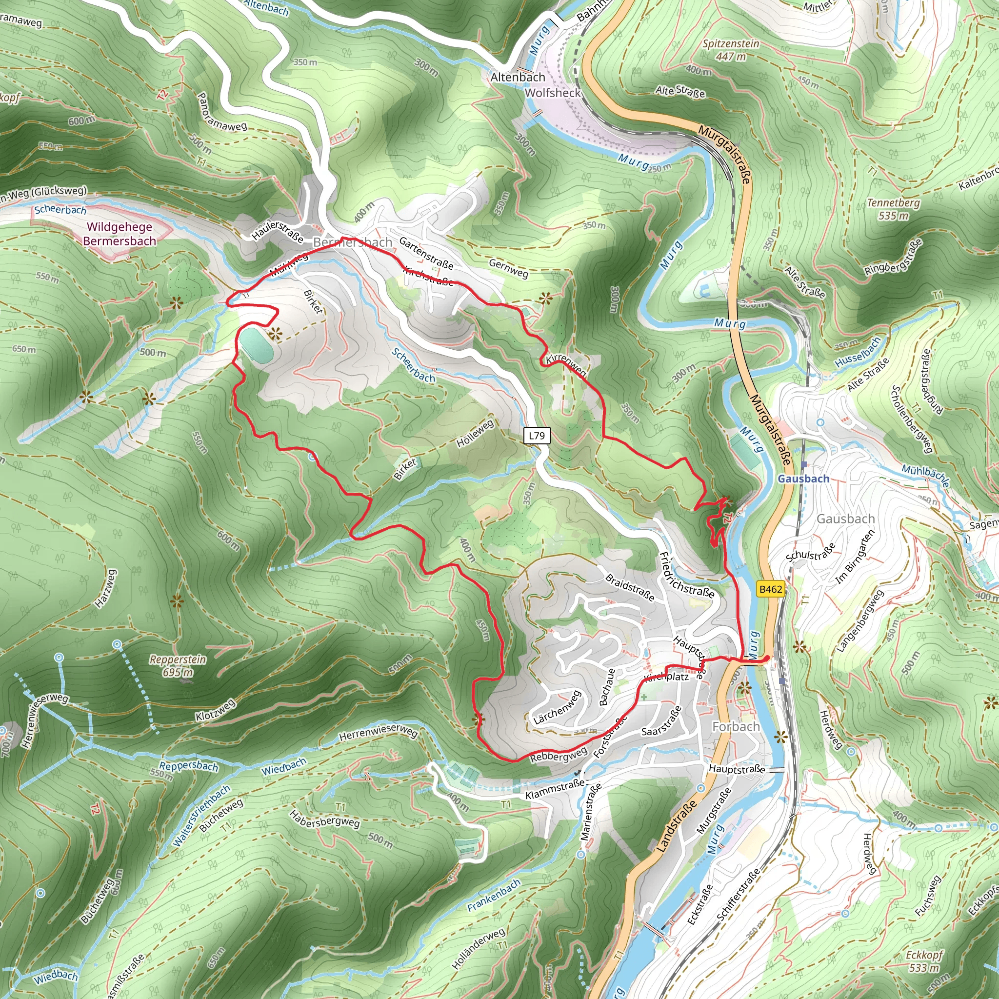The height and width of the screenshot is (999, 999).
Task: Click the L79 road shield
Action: coord(537,436)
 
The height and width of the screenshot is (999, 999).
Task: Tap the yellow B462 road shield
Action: coord(770,588)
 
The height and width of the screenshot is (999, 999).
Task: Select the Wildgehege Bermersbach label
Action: coord(120,234)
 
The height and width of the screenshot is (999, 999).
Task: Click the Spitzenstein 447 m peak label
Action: coord(731,50)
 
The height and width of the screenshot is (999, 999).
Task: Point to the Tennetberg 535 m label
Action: coord(894,209)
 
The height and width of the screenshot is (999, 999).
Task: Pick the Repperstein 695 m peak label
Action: coord(178,665)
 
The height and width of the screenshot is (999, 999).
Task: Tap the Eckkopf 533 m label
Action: coord(924,961)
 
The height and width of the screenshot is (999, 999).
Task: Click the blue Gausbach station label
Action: coord(803,479)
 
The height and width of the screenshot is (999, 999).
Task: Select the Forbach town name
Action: coord(736,726)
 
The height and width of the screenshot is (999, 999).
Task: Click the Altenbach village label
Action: coord(518,77)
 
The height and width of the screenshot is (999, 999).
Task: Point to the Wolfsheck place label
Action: coord(553,93)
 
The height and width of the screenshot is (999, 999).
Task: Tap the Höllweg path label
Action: coord(475,433)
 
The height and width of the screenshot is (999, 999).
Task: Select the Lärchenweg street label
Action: coord(558,707)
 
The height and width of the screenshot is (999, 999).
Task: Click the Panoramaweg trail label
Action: coord(222,112)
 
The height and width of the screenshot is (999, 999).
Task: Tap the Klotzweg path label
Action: coord(216,710)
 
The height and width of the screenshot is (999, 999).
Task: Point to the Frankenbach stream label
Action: coord(494,896)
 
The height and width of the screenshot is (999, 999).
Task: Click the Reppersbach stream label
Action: coord(188,766)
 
